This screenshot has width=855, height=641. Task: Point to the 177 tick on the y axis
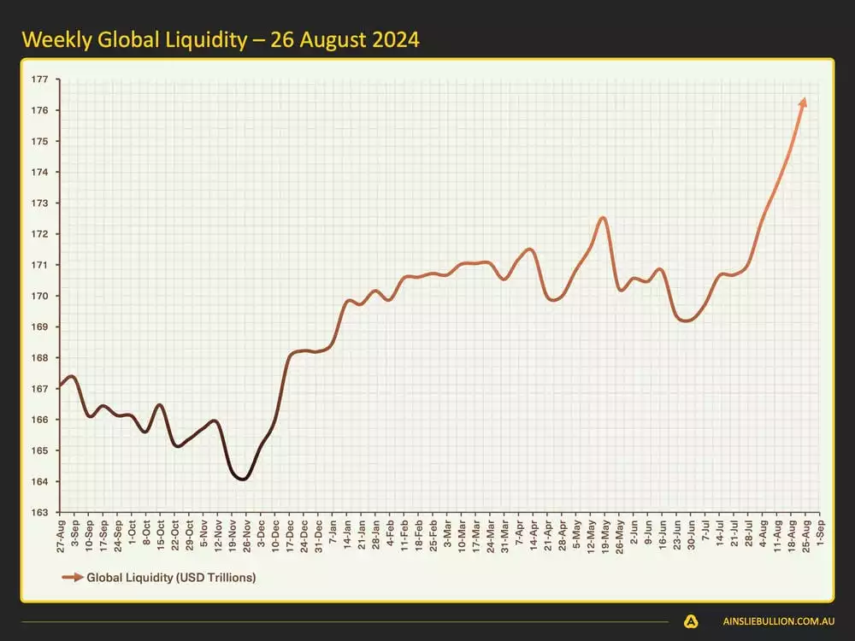click(x=41, y=79)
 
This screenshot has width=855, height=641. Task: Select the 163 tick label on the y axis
click(x=41, y=513)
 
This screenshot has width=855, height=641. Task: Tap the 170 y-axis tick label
click(x=41, y=296)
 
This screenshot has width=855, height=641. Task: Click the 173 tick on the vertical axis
click(x=41, y=203)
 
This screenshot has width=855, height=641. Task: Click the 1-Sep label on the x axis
click(x=821, y=532)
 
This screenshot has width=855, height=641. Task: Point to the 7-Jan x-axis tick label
click(x=333, y=533)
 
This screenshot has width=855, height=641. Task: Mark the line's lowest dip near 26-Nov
click(x=243, y=479)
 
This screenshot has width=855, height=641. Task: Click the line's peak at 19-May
click(x=603, y=217)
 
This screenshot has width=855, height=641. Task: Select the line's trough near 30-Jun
click(x=686, y=320)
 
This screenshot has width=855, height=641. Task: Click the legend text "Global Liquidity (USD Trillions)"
click(x=171, y=578)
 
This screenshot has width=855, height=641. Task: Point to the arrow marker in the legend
click(x=72, y=578)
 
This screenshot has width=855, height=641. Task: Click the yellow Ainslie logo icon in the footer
click(x=690, y=621)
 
